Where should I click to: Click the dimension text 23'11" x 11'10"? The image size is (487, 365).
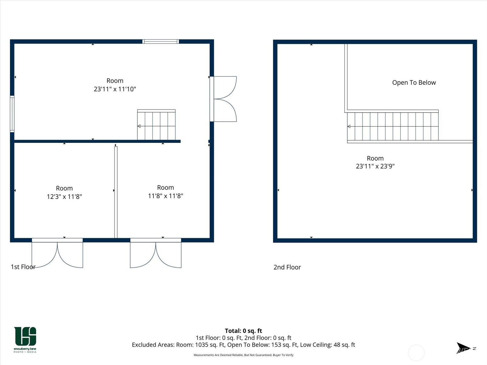click(115, 89)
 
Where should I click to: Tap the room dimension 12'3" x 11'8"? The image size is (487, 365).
click(64, 196)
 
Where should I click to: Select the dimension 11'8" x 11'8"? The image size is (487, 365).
click(166, 196)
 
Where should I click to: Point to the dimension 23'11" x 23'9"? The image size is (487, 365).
click(375, 166)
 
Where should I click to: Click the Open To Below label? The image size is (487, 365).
click(414, 83)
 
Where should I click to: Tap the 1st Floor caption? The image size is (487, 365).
click(23, 267)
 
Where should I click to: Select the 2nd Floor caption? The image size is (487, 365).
click(287, 267)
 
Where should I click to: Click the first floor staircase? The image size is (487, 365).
click(156, 125)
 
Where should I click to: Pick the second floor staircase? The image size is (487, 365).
click(393, 126)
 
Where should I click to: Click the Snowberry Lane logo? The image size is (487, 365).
click(25, 340)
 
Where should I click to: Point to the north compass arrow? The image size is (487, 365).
click(463, 348)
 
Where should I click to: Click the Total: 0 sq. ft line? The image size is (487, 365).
click(243, 331)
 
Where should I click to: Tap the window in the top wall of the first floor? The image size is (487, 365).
click(161, 41)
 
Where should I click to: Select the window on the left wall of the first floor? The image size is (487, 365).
click(12, 114)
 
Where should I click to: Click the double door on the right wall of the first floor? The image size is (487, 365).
click(223, 99)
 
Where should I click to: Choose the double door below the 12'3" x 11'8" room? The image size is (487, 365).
click(57, 253)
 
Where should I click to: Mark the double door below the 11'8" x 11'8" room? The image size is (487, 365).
click(156, 253)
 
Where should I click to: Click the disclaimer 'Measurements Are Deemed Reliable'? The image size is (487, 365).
click(243, 355)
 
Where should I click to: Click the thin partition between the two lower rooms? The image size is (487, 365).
click(116, 192)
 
